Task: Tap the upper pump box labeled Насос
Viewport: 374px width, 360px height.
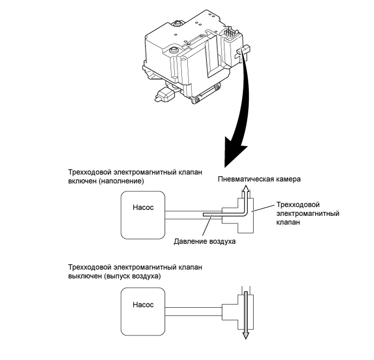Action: tap(143, 215)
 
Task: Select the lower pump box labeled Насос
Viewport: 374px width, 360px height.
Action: tap(143, 312)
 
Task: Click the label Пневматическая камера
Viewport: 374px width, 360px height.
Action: tap(259, 179)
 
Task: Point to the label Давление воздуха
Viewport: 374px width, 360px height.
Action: tap(205, 241)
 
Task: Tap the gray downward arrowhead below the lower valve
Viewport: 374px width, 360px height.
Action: tap(246, 336)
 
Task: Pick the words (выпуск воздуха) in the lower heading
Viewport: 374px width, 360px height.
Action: tap(132, 276)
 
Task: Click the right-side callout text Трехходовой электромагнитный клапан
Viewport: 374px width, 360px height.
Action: tap(308, 214)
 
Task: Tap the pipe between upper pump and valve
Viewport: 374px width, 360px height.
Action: tap(193, 215)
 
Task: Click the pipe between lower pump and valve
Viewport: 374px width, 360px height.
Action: tap(193, 312)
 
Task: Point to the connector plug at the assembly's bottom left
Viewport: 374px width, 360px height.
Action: tap(164, 94)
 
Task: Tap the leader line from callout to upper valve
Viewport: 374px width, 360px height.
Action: tap(263, 208)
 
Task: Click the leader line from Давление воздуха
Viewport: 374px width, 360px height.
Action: tap(207, 226)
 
